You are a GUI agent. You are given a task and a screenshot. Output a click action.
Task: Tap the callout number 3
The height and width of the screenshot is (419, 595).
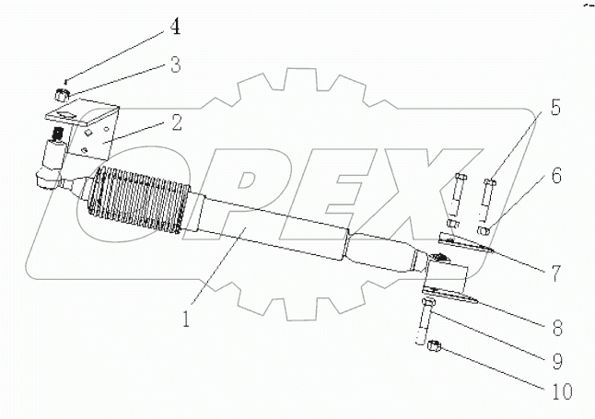click(x=173, y=66)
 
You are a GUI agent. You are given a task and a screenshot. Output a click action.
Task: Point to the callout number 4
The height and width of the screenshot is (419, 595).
click(x=173, y=28)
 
